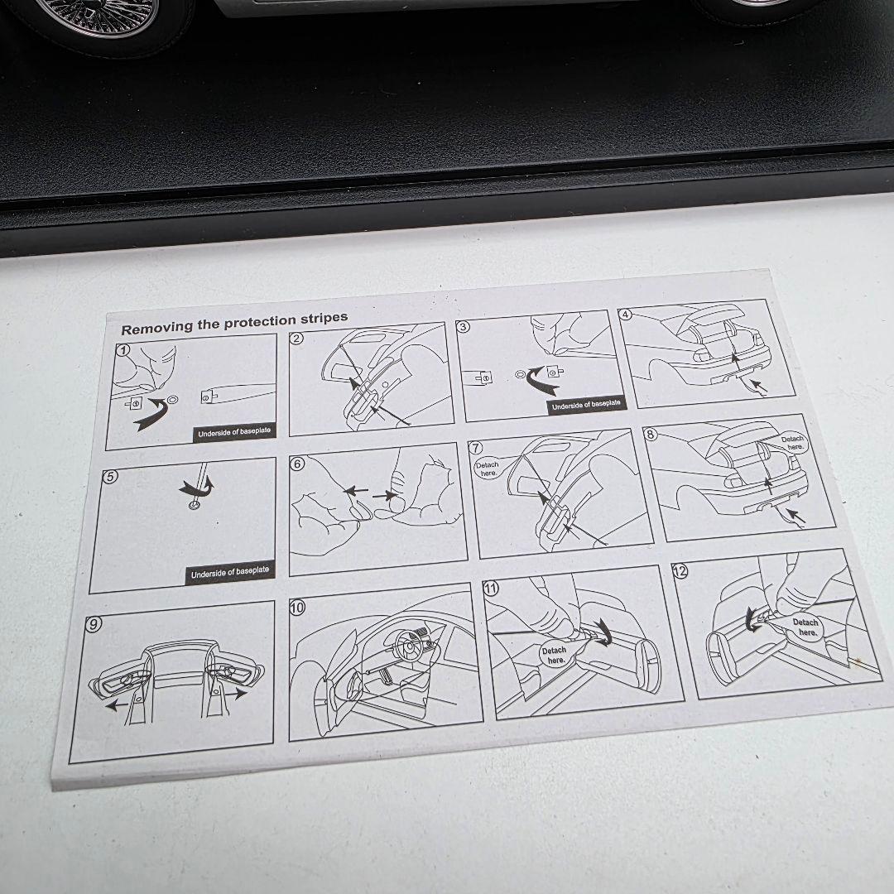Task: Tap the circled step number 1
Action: click(x=122, y=351)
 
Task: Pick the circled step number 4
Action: click(x=626, y=315)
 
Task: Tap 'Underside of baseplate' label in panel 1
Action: click(x=233, y=430)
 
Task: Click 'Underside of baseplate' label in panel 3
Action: click(x=586, y=405)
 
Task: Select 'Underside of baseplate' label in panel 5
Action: click(x=230, y=573)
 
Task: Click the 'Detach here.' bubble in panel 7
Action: click(x=488, y=469)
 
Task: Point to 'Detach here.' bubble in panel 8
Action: click(x=792, y=442)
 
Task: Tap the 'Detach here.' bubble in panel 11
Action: click(x=554, y=655)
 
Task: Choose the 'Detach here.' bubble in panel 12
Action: click(x=804, y=627)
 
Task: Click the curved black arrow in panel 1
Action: click(x=149, y=414)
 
